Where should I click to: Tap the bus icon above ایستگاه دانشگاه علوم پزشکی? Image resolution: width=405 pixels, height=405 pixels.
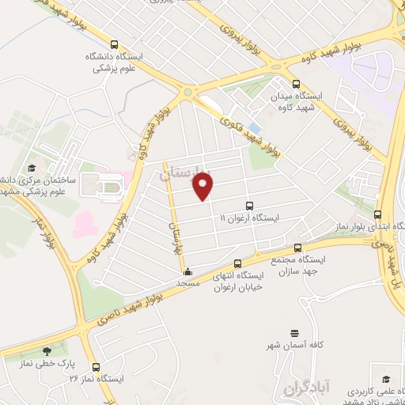pos(115,45)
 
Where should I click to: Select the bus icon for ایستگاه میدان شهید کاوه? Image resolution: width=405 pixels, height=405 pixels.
pos(295,84)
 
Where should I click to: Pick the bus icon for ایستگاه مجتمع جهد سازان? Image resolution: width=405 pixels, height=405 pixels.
pos(297,248)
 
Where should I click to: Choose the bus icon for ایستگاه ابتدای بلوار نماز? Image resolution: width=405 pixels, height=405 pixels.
pos(378,214)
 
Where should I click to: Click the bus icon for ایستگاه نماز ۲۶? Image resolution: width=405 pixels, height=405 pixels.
pos(97,367)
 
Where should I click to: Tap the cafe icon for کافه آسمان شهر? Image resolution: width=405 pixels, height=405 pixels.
pos(295,332)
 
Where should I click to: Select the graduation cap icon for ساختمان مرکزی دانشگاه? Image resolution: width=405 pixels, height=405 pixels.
pos(32,168)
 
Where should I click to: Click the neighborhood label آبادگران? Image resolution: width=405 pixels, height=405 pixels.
pos(303,387)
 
